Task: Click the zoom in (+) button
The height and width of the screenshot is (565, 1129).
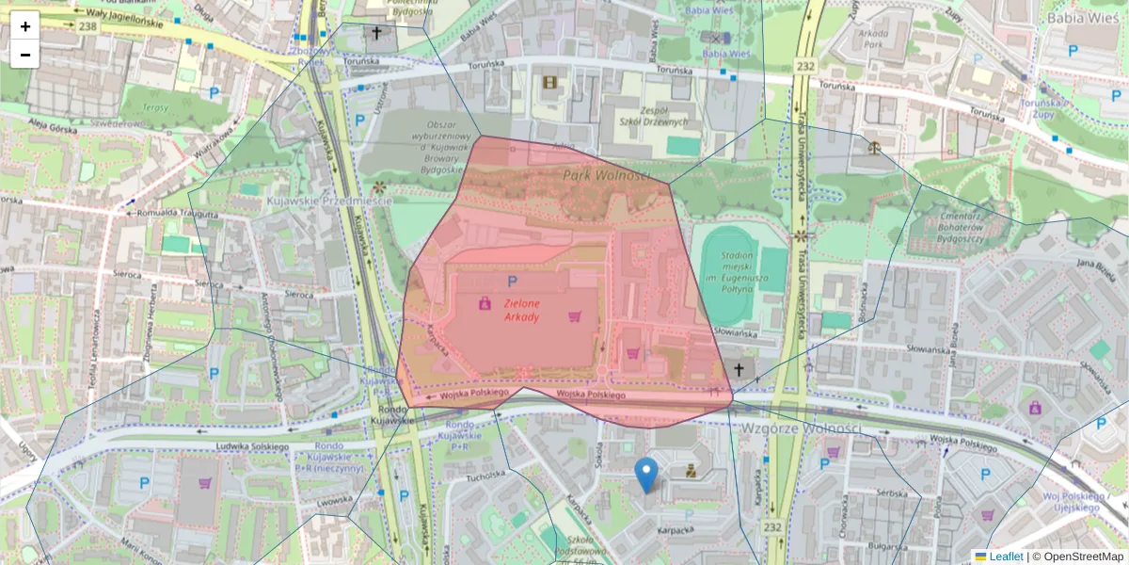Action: click(x=25, y=26)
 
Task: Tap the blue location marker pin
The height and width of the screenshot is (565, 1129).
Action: click(x=645, y=474)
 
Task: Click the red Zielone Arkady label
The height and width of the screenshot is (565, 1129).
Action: click(x=521, y=311)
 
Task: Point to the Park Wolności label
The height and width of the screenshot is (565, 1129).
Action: click(x=606, y=176)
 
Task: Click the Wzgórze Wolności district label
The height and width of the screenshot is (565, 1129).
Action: click(x=801, y=428)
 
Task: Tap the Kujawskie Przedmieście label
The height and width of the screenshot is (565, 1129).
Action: click(x=315, y=202)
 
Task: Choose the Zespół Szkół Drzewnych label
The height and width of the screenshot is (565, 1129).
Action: click(x=653, y=115)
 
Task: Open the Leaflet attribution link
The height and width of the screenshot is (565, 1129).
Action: click(x=1005, y=557)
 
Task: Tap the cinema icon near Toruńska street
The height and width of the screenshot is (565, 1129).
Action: click(x=549, y=82)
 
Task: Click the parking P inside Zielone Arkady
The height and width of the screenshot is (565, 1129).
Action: click(x=512, y=281)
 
